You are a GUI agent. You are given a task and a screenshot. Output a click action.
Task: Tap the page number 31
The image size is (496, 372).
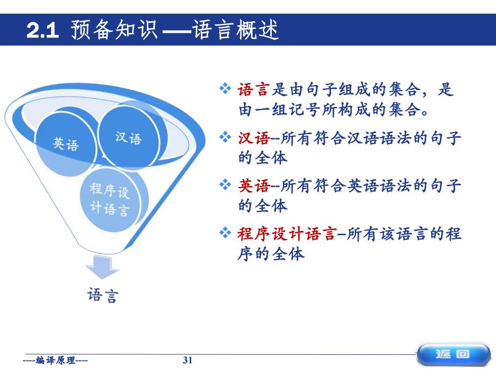[188, 360]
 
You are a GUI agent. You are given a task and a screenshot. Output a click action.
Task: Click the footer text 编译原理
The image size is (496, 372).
[56, 360]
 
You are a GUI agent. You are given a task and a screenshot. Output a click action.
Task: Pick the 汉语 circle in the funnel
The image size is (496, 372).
[128, 137]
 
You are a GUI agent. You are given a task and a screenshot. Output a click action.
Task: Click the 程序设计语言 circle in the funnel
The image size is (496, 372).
[110, 199]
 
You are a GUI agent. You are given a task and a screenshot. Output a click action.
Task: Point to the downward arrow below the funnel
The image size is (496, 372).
[102, 267]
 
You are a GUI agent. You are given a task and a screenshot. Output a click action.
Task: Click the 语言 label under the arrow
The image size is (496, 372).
[103, 295]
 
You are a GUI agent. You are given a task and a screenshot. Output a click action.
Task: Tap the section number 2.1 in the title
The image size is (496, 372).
[43, 30]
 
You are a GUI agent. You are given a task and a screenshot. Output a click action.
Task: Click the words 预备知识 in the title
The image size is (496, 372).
[114, 30]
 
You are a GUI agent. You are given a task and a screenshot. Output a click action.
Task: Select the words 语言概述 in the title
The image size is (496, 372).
[235, 30]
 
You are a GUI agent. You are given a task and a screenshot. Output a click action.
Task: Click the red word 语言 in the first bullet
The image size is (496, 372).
[254, 90]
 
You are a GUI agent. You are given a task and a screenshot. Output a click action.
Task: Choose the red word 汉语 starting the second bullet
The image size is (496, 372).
[254, 138]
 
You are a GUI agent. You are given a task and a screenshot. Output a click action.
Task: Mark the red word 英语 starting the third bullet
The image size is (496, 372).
[254, 186]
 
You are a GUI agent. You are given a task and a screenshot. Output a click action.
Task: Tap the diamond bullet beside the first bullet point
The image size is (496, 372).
[225, 89]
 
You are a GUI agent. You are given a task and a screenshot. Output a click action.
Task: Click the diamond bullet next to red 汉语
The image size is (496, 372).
[225, 137]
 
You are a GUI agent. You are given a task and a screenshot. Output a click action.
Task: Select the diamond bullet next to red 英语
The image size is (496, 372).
[225, 185]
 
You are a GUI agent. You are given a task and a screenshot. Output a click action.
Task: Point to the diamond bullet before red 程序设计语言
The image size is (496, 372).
[225, 233]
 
